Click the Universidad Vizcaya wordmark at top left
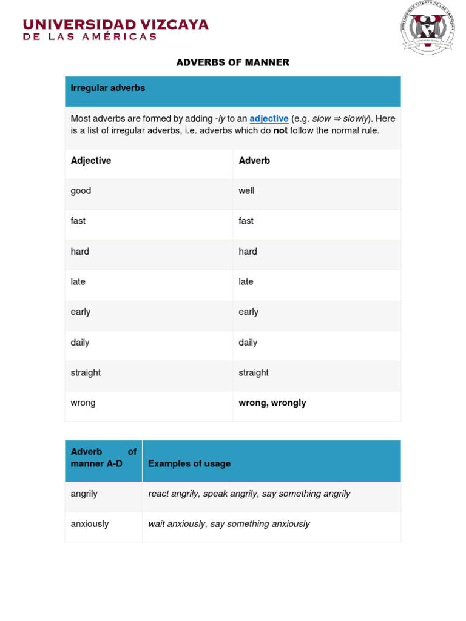115,29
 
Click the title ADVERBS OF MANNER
232,62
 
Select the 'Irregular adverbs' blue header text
108,88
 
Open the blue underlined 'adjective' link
269,119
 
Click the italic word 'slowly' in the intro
356,119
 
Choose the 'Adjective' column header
91,161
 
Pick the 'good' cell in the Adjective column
81,191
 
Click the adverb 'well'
246,191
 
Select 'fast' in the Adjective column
78,221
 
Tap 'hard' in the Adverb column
248,252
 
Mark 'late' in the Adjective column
78,282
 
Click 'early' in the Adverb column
249,312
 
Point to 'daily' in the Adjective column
80,343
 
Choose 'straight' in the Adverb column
254,373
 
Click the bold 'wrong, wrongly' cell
272,403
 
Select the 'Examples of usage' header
189,464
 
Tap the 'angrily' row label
84,494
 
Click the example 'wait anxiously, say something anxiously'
229,524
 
